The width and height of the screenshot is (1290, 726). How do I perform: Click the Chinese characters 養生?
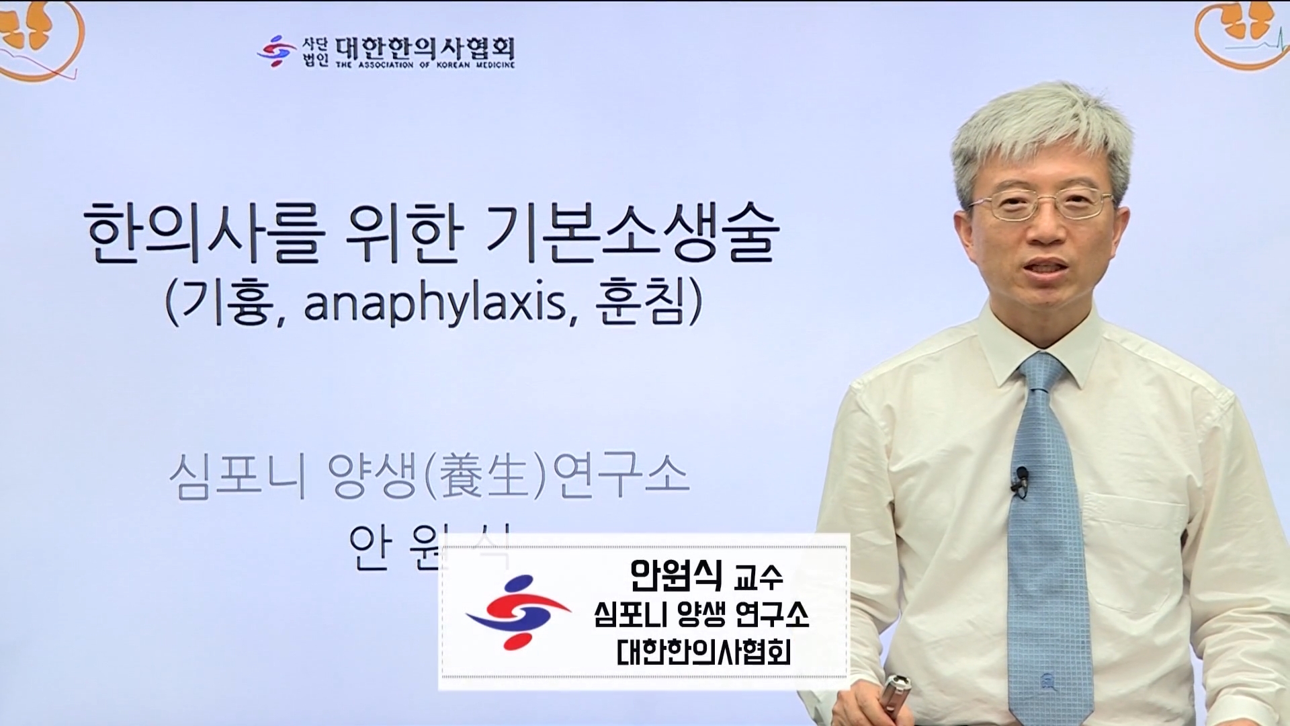point(481,476)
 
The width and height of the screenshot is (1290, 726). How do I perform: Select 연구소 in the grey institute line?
point(621,476)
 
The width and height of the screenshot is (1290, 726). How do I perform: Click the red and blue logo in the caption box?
point(517,612)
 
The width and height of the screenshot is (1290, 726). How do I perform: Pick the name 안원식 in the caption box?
point(676,575)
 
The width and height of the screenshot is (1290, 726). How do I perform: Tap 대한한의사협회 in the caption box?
point(703,651)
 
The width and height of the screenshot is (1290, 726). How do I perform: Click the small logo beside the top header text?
point(276,51)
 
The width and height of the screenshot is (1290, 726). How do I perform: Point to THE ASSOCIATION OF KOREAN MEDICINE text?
point(425,65)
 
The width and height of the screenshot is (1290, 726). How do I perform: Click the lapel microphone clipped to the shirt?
point(1021,480)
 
